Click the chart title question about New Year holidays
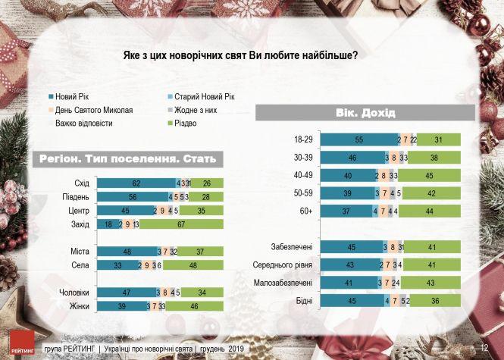click(x=239, y=55)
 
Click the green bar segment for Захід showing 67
click(x=183, y=224)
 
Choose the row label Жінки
click(x=78, y=307)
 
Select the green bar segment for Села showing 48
click(x=193, y=265)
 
